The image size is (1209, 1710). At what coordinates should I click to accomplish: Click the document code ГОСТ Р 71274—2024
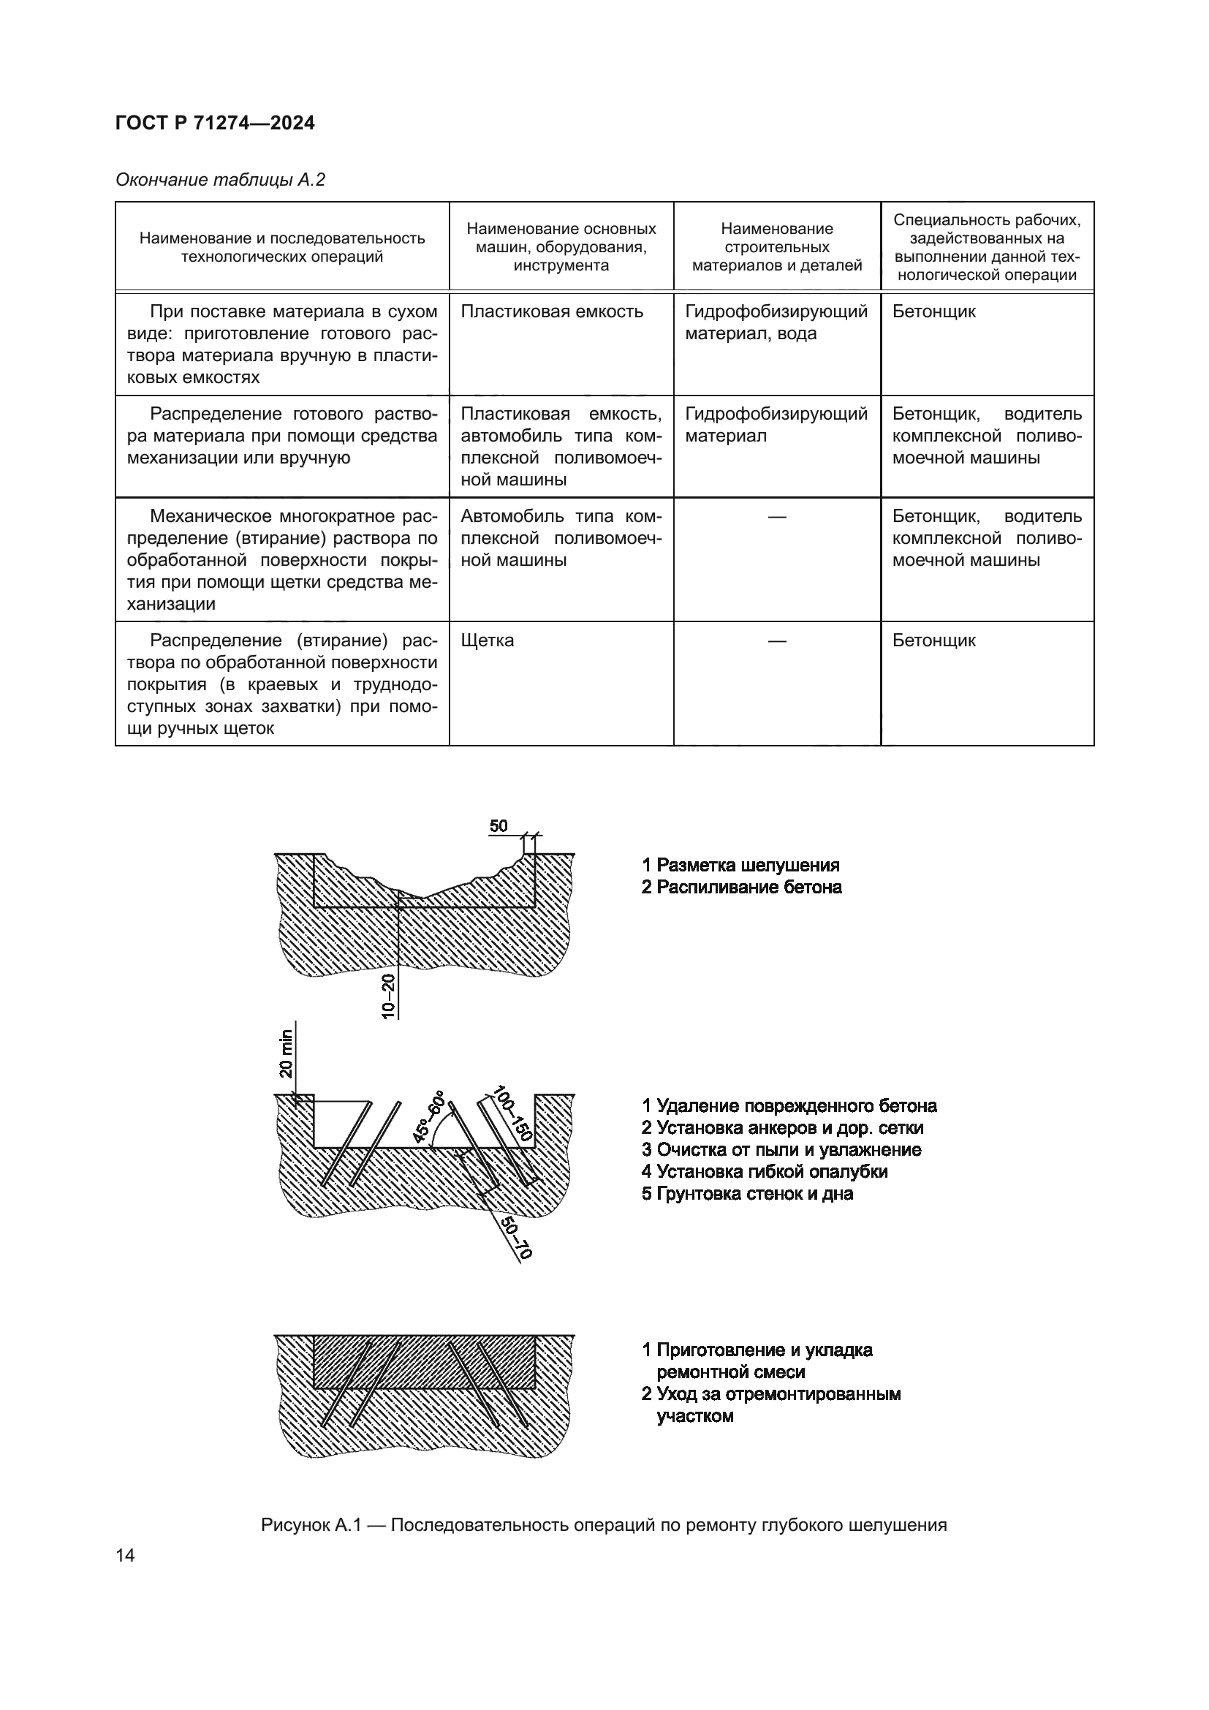[x=215, y=124]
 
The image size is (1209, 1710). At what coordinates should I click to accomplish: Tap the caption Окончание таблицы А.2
[x=220, y=181]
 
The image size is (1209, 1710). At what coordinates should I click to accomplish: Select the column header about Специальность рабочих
[x=986, y=247]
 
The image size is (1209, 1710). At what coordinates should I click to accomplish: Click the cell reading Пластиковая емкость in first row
[x=552, y=312]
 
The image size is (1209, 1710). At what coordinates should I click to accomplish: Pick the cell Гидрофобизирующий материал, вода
[x=776, y=322]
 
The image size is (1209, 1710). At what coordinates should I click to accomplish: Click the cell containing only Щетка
[x=488, y=640]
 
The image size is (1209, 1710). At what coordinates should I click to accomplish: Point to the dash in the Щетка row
[x=776, y=640]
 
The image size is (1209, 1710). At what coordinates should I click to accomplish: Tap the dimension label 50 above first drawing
[x=499, y=826]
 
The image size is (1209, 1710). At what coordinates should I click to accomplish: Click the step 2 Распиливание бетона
[x=741, y=887]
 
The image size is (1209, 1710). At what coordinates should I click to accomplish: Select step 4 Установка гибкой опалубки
[x=765, y=1171]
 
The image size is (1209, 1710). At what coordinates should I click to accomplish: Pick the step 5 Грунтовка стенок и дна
[x=748, y=1194]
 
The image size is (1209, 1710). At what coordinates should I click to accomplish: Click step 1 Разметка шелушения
[x=740, y=866]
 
